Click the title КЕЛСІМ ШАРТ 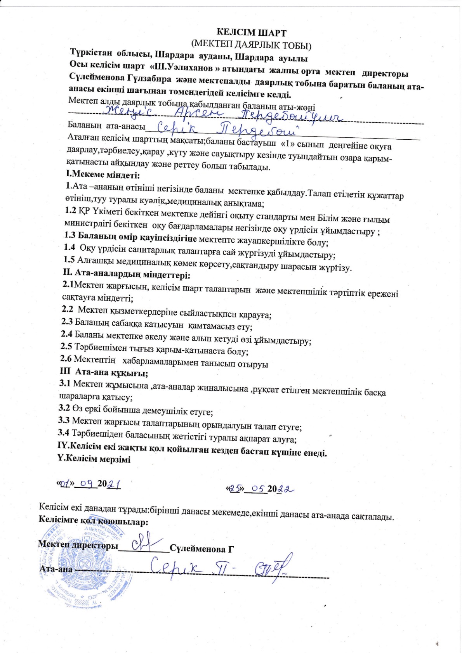(x=251, y=33)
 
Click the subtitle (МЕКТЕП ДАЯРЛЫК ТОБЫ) (x=251, y=45)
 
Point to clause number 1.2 (x=70, y=211)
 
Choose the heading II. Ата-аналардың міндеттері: (x=127, y=275)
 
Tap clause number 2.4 (x=67, y=334)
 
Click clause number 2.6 (x=66, y=359)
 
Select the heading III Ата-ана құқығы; (x=104, y=372)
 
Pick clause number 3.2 (x=64, y=408)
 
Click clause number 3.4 (x=64, y=432)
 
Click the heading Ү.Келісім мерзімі (x=94, y=459)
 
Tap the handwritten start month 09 (x=87, y=483)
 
